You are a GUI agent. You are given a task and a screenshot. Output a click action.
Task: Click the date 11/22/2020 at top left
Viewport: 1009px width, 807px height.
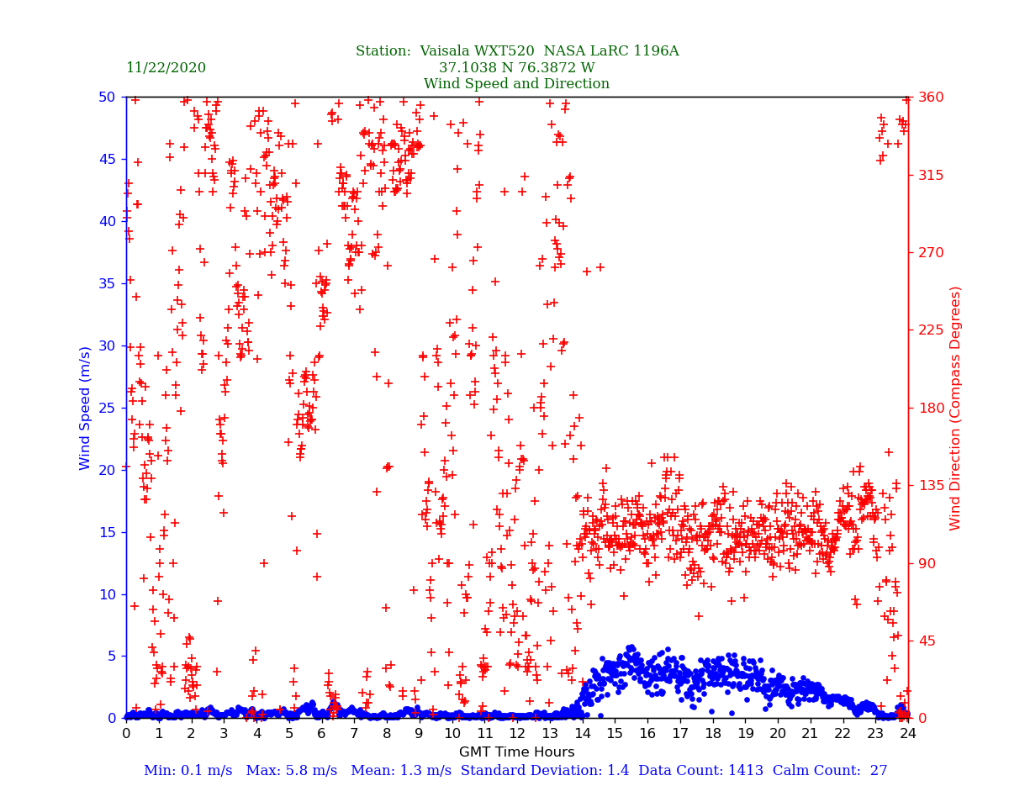(166, 68)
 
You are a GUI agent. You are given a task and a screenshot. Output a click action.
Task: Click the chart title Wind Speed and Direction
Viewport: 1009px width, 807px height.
(516, 84)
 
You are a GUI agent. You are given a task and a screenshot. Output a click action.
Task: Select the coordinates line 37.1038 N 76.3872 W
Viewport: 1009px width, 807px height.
(516, 68)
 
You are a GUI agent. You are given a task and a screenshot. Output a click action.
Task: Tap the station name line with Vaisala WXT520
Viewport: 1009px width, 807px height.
(516, 51)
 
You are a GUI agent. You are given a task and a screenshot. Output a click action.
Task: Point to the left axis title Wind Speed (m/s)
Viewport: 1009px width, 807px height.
(86, 408)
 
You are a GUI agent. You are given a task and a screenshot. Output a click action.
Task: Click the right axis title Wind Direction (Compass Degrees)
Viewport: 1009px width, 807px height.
(955, 408)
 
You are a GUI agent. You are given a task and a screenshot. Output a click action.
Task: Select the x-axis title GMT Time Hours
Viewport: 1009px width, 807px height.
(516, 752)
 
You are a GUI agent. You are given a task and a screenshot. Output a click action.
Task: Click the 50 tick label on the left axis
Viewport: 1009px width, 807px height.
(108, 97)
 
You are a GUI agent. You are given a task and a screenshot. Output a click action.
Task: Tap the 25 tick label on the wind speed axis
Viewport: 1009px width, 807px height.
(108, 408)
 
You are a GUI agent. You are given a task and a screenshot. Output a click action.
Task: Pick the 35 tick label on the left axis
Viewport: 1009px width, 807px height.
(108, 283)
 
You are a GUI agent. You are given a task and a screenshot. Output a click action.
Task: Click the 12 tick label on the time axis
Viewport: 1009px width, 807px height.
(516, 734)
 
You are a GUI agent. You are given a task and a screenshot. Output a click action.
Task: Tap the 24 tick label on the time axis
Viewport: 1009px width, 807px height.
(908, 734)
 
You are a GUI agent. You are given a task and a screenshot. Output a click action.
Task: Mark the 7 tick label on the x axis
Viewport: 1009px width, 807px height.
(354, 734)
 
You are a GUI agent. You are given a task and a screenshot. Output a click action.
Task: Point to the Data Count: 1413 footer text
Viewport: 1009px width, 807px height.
(707, 771)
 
